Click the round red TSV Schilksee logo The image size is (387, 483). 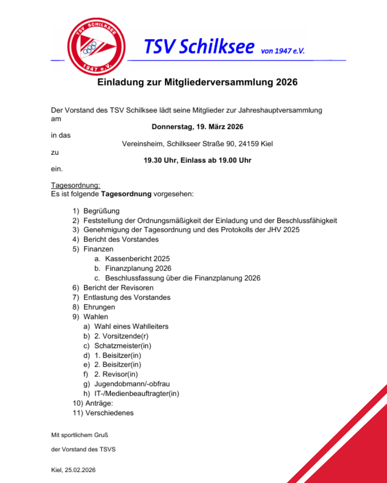pyautogui.click(x=96, y=47)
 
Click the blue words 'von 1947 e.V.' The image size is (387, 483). pyautogui.click(x=283, y=51)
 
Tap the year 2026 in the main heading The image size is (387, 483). pyautogui.click(x=287, y=82)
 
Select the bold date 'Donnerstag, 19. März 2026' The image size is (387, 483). pyautogui.click(x=197, y=127)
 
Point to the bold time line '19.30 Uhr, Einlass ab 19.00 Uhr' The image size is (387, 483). pyautogui.click(x=197, y=160)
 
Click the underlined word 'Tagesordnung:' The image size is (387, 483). pyautogui.click(x=76, y=185)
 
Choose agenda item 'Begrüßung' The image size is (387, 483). pyautogui.click(x=101, y=211)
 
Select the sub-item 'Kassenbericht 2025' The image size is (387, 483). pyautogui.click(x=138, y=259)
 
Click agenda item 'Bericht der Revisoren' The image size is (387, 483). pyautogui.click(x=118, y=288)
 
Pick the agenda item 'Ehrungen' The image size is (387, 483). pyautogui.click(x=99, y=307)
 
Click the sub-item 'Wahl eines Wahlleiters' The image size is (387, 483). pyautogui.click(x=131, y=326)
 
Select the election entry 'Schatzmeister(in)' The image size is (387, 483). pyautogui.click(x=123, y=346)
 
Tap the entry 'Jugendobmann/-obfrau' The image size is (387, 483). pyautogui.click(x=132, y=384)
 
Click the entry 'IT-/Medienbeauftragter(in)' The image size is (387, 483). pyautogui.click(x=137, y=394)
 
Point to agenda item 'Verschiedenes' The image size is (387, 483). pyautogui.click(x=109, y=413)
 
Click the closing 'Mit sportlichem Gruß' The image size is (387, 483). pyautogui.click(x=80, y=435)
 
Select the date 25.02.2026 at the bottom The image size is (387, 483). pyautogui.click(x=80, y=470)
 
